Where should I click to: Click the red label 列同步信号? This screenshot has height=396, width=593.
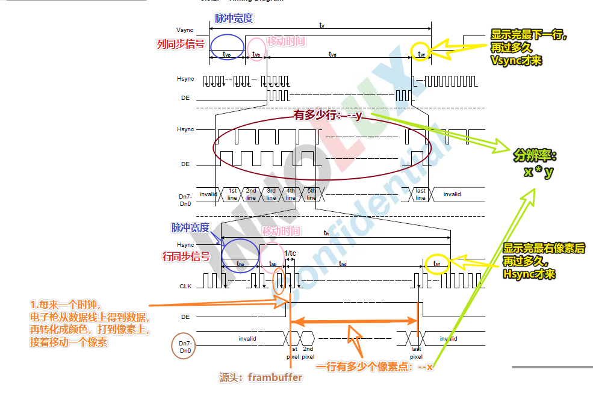pos(181,44)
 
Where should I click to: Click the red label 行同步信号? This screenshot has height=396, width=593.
pos(187,256)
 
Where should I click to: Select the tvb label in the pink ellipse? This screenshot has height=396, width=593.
pos(256,55)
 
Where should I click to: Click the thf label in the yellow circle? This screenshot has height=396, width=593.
pos(436,264)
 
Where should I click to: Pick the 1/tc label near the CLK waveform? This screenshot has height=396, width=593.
pos(290,253)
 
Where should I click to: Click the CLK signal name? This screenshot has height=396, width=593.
pos(185,286)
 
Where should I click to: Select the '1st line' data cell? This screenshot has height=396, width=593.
pos(232,194)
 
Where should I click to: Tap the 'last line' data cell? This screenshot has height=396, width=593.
pos(420,194)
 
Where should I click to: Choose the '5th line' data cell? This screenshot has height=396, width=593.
pos(311,194)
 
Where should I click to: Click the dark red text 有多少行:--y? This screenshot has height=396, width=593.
pos(328,115)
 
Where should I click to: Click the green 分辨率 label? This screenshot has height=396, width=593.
pos(535,156)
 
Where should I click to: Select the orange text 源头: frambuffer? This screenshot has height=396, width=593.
pos(261,378)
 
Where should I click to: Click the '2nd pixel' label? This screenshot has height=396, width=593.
pos(308,352)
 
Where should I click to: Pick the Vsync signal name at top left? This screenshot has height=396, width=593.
pos(185,29)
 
